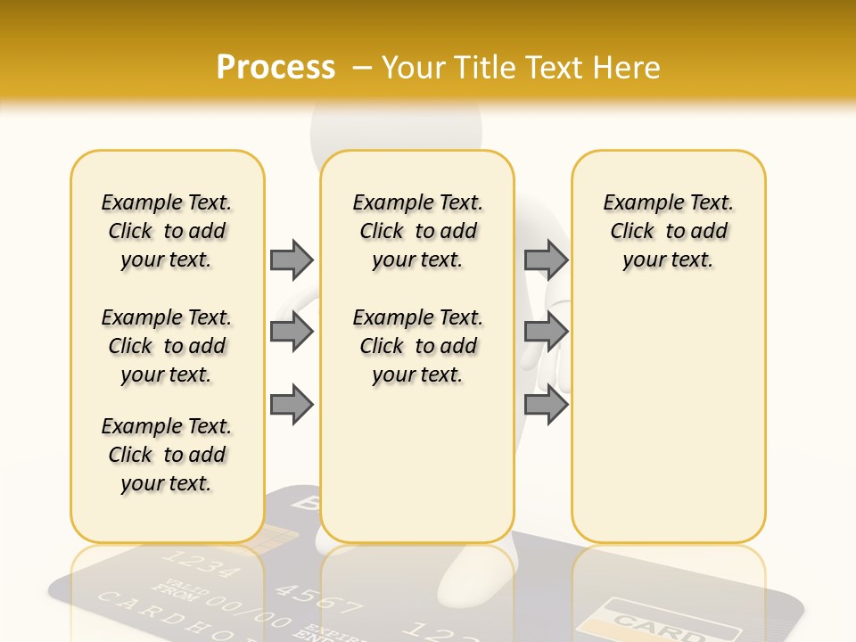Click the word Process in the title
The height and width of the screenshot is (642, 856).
[x=276, y=67]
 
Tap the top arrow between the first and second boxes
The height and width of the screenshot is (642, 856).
[x=292, y=259]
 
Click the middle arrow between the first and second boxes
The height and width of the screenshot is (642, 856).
[x=292, y=332]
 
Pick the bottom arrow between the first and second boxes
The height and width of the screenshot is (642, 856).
[x=292, y=405]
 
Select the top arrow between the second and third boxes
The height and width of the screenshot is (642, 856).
[x=546, y=259]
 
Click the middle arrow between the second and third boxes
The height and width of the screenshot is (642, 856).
[x=546, y=332]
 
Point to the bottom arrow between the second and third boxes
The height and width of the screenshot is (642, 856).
[x=546, y=405]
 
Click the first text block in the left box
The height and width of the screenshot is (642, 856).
[x=167, y=231]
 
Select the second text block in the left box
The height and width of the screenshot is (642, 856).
[x=167, y=346]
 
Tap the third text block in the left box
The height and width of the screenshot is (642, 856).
[x=167, y=455]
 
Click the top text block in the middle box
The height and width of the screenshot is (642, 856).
[x=417, y=231]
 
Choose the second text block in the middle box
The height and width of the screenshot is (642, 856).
[x=417, y=346]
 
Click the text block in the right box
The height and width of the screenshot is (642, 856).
[x=668, y=231]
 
